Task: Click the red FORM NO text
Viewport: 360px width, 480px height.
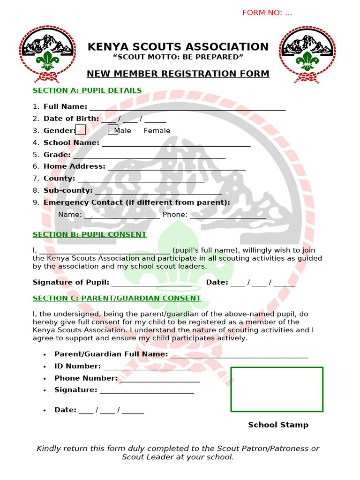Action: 267,13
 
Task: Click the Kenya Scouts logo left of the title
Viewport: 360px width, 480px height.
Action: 47,54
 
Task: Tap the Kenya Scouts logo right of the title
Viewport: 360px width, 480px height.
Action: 307,54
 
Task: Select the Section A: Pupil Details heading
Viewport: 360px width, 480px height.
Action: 87,90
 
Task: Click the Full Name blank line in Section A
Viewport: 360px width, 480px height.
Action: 187,108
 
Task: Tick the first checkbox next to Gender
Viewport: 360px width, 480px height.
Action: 81,130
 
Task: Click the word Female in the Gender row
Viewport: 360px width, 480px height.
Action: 157,131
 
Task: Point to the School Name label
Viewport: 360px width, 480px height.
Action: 71,142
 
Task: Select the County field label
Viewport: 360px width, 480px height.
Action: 59,178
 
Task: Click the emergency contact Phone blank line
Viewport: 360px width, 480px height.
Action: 228,216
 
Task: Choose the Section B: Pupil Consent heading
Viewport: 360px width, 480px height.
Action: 90,234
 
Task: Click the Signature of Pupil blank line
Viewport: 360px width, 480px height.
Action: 151,284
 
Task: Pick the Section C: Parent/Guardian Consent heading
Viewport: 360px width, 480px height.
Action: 117,298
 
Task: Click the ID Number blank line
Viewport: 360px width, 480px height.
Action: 147,368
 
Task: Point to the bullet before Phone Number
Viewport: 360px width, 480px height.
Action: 44,378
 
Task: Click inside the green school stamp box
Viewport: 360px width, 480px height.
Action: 277,389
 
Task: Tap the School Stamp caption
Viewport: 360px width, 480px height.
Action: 278,425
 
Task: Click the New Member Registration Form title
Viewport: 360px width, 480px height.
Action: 178,74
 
